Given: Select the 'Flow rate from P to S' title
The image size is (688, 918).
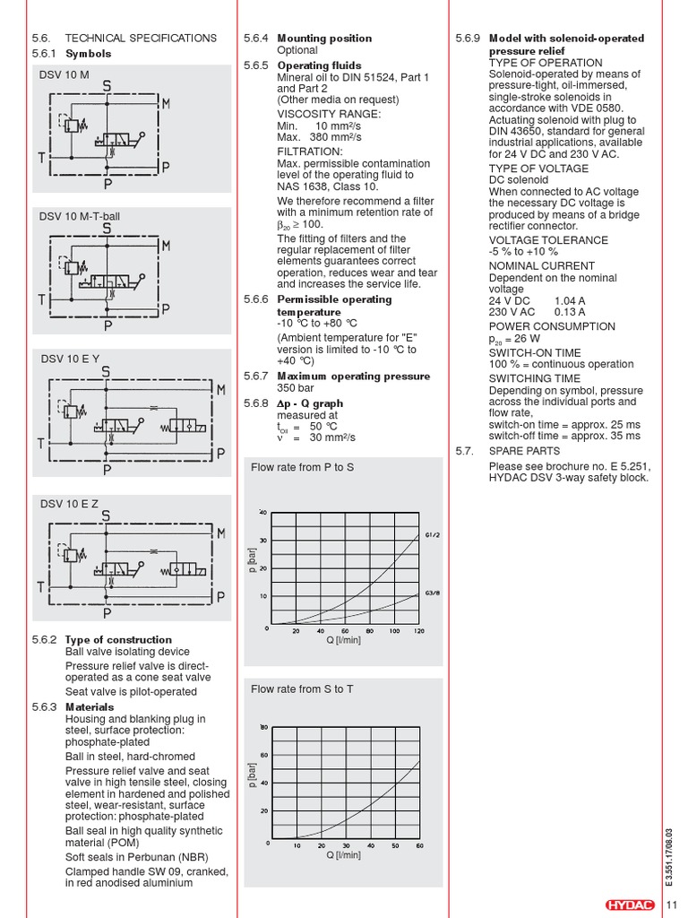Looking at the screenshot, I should pos(303,468).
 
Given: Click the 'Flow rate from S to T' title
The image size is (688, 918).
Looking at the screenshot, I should pos(303,688).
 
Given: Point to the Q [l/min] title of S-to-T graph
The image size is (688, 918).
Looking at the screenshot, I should pos(344,855).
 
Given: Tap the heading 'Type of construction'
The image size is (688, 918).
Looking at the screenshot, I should pos(118,640).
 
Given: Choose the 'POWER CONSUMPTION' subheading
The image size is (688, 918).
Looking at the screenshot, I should pos(552,326).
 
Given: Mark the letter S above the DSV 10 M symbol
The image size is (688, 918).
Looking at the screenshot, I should pos(107,87).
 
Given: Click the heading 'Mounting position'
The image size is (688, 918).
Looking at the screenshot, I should pos(324,39).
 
